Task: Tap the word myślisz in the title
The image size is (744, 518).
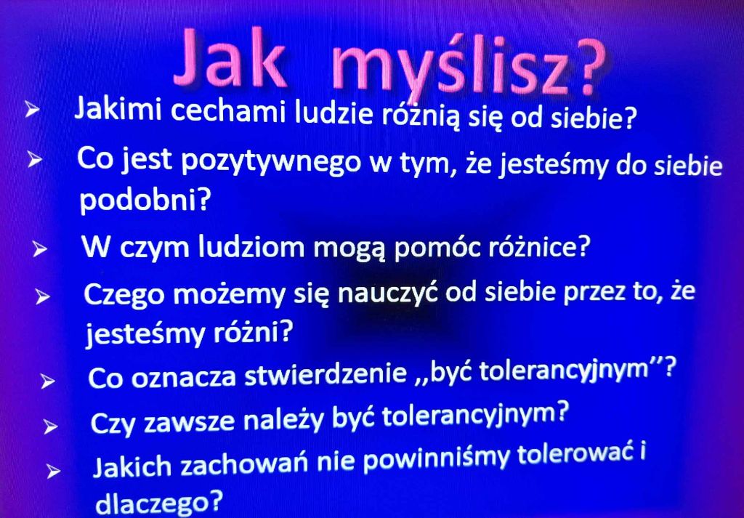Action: click(x=450, y=64)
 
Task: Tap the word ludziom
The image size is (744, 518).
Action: click(x=251, y=247)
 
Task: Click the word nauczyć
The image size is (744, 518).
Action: click(x=389, y=294)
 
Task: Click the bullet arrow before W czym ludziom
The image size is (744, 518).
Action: click(x=40, y=249)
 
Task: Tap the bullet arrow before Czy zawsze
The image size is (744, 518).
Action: click(x=50, y=427)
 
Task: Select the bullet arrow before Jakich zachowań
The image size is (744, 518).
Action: click(x=54, y=472)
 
